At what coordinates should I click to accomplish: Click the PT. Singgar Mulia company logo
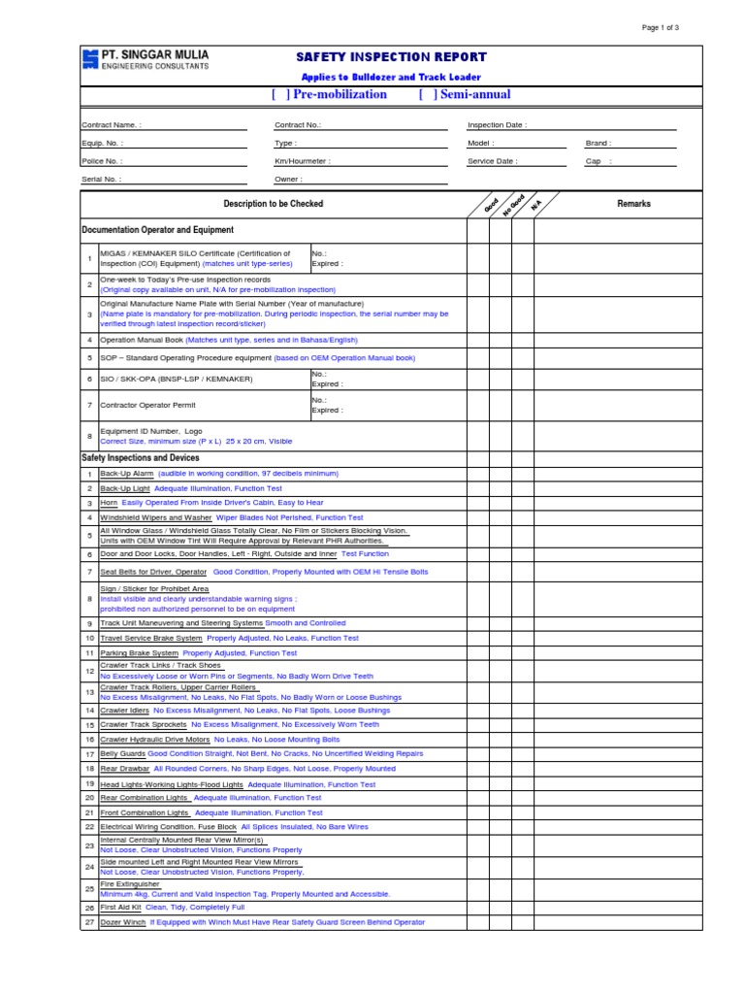(x=90, y=60)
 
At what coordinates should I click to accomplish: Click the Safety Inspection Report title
(x=391, y=57)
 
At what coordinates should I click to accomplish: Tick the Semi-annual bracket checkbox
(x=429, y=94)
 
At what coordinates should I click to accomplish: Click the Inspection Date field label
(x=498, y=125)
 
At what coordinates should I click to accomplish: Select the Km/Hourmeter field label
(x=302, y=161)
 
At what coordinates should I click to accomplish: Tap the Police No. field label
(x=102, y=161)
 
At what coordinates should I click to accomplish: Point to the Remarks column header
(x=633, y=204)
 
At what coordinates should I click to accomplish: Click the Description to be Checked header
(x=274, y=204)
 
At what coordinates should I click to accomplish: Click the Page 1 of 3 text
(x=661, y=27)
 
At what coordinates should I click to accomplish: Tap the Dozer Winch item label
(x=122, y=922)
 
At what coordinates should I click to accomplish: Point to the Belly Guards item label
(x=123, y=753)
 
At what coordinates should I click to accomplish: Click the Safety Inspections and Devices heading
(x=141, y=457)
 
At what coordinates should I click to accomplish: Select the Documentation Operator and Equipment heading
(x=157, y=230)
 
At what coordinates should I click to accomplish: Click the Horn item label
(x=109, y=503)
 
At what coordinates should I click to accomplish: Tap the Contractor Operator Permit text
(x=147, y=405)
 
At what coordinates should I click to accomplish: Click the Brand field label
(x=599, y=143)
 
